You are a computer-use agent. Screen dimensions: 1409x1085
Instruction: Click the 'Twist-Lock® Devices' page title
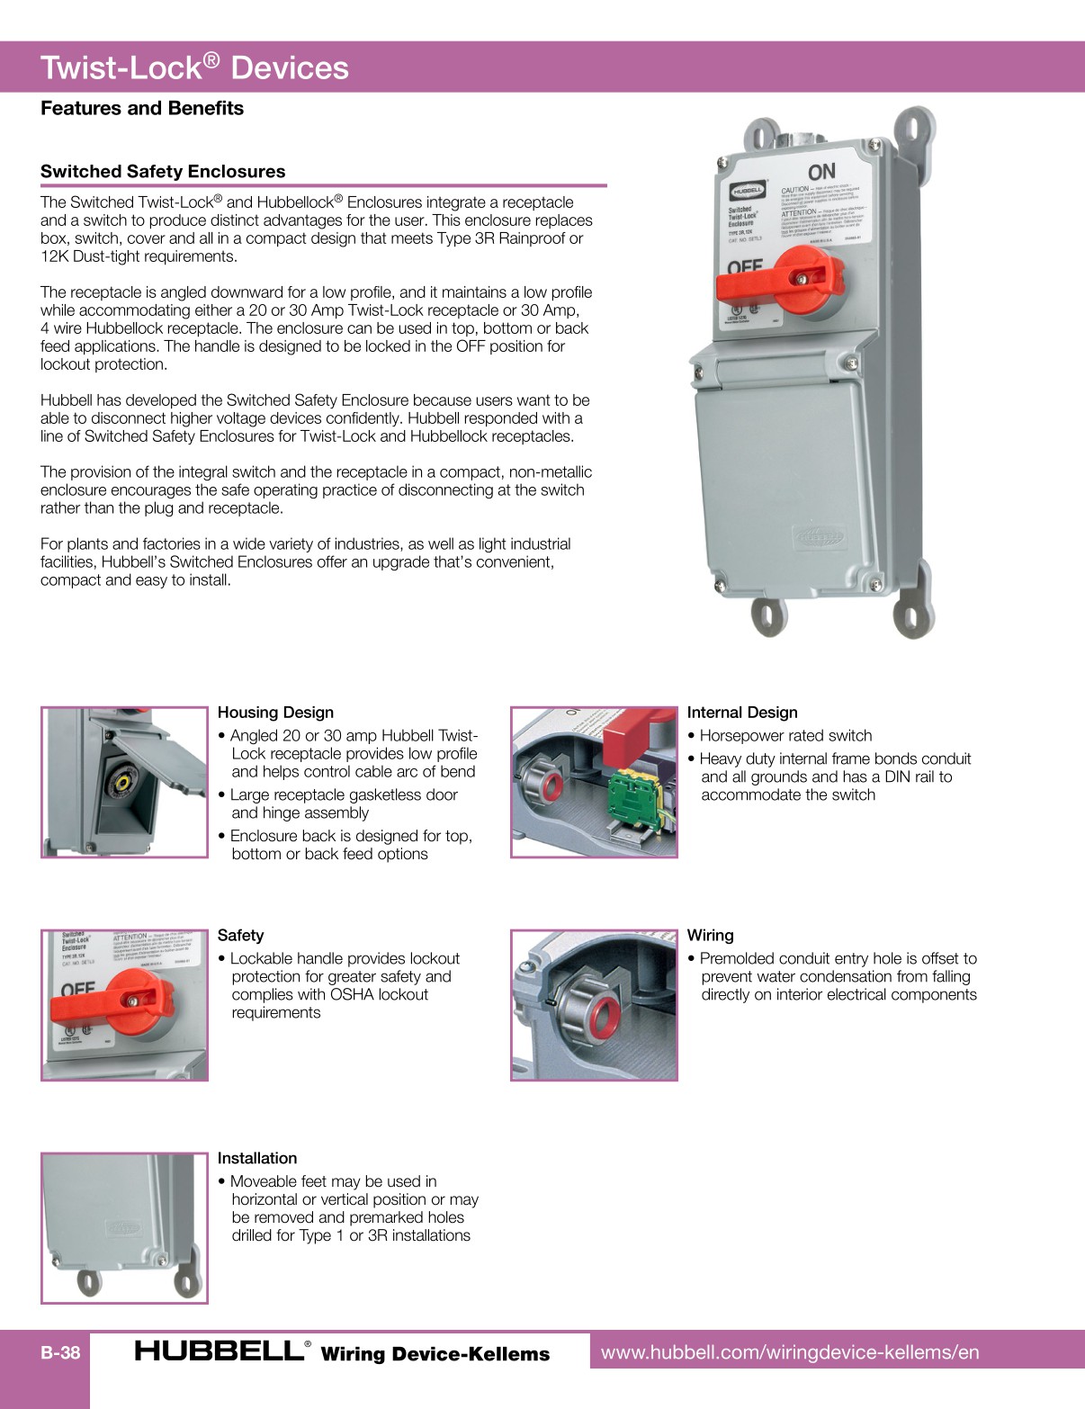194,67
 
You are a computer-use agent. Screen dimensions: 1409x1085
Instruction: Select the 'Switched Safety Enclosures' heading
163,171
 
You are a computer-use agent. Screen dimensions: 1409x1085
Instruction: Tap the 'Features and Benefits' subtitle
142,108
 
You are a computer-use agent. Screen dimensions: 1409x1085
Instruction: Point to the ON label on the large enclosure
821,172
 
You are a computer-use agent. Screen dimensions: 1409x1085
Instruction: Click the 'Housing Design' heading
275,713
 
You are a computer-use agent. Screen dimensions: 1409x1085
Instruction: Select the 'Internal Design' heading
742,713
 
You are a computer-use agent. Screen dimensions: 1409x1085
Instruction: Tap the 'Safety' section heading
240,936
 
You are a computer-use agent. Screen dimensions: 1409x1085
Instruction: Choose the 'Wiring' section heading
710,936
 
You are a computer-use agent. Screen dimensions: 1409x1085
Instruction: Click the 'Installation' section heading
256,1159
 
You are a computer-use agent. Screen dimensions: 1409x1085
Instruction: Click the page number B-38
60,1352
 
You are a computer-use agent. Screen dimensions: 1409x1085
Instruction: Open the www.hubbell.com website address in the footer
790,1352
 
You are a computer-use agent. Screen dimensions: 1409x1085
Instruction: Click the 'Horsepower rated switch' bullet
785,736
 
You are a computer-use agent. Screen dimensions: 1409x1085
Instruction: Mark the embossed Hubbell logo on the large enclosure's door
818,537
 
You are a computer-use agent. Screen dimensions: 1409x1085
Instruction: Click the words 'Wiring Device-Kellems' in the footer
435,1353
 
